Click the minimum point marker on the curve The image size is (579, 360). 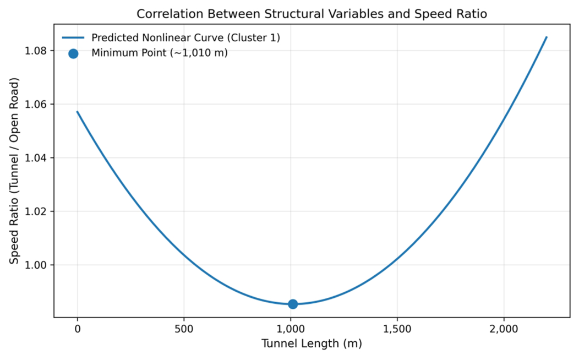(293, 304)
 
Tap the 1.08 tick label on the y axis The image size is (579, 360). (37, 51)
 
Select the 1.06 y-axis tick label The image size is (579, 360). (37, 105)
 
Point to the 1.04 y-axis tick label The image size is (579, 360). (37, 158)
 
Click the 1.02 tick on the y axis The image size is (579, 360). (37, 211)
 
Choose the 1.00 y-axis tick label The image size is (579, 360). (37, 265)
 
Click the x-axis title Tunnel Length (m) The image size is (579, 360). (312, 345)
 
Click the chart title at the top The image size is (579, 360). (312, 14)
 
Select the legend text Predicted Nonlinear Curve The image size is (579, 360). (186, 38)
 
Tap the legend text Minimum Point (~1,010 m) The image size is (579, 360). (160, 53)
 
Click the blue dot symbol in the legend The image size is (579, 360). (73, 53)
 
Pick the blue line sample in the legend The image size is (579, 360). (73, 38)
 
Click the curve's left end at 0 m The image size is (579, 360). (77, 112)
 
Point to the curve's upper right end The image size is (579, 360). (546, 37)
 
